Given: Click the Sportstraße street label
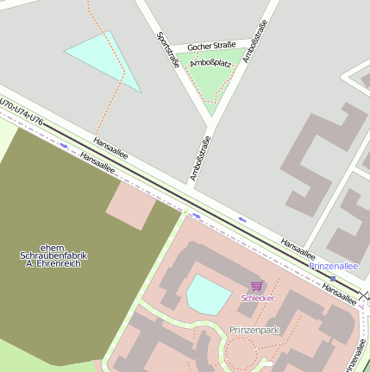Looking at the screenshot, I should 167,49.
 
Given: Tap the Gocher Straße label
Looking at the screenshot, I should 211,46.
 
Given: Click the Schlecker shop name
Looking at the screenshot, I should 257,298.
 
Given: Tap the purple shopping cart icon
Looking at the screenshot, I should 256,286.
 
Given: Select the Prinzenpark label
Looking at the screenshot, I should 256,330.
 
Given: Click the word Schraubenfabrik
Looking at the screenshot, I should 53,256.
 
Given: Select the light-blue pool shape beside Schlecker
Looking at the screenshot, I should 208,294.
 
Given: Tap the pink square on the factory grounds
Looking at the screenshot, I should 130,205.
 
